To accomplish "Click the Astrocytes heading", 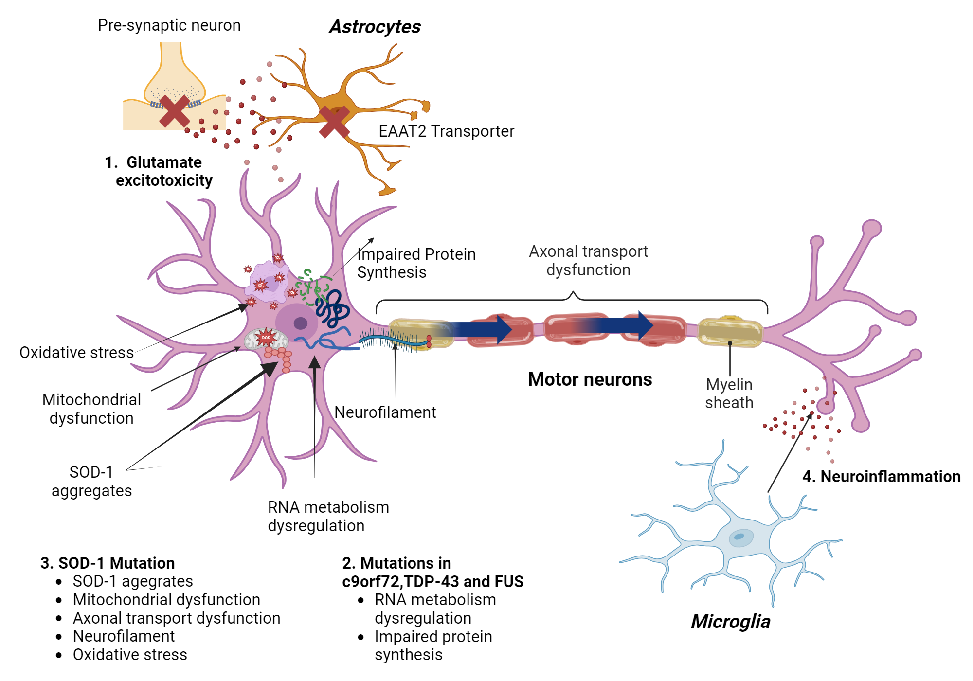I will (375, 27).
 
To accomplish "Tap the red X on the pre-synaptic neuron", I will (174, 111).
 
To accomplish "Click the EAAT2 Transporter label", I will (446, 131).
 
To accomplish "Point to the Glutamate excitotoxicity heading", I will (159, 171).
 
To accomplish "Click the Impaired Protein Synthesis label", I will (416, 263).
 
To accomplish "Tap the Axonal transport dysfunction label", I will (588, 260).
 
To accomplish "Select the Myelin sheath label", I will (729, 394).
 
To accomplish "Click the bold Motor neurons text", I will (590, 379).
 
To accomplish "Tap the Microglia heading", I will (730, 622).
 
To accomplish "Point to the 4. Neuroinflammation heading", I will (881, 477).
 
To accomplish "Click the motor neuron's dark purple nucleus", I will (300, 323).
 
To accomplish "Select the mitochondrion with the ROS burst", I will (266, 338).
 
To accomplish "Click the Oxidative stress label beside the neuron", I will (76, 353).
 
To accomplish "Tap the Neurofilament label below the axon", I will (385, 412).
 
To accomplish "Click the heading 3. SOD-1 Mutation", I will (108, 563).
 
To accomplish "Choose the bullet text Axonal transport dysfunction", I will (177, 618).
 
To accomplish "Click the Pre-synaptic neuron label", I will (169, 25).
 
